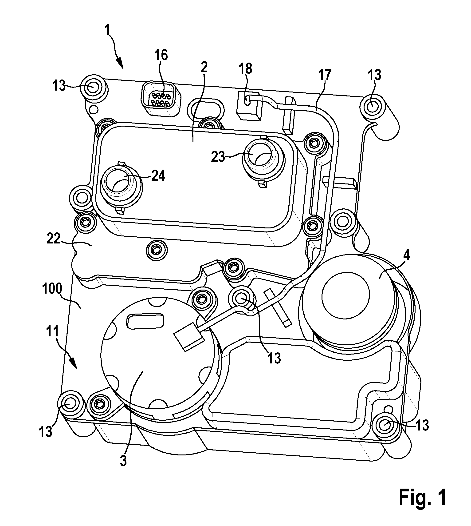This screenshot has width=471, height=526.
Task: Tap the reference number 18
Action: click(x=245, y=69)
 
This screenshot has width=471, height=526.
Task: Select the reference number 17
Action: click(x=325, y=75)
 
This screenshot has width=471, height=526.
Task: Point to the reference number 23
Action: click(x=218, y=157)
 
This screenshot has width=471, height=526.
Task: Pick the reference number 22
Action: click(x=54, y=239)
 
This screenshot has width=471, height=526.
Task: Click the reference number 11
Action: click(x=53, y=332)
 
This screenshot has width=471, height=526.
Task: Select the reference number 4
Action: click(x=407, y=256)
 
